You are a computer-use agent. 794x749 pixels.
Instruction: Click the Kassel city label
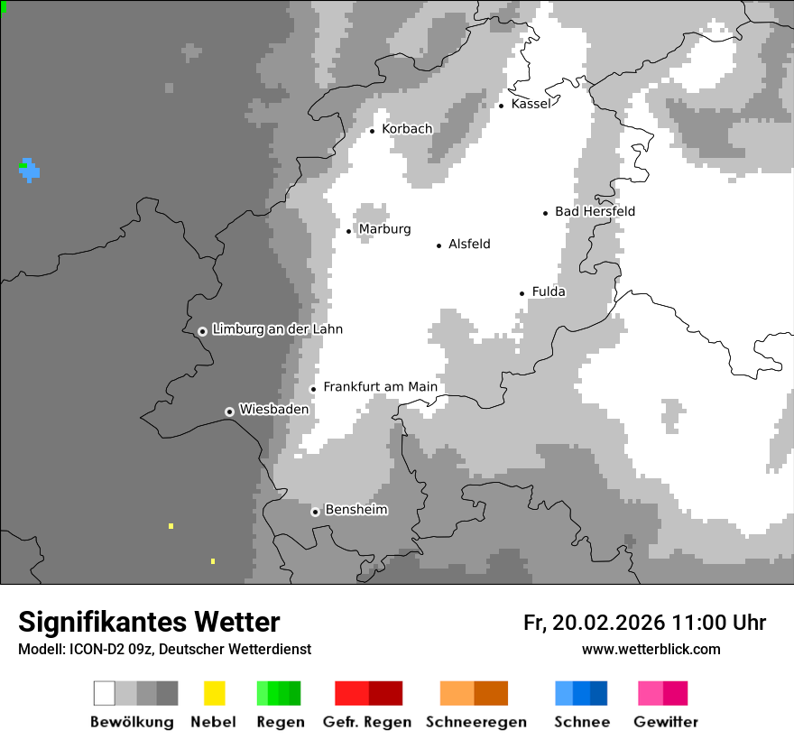pos(531,104)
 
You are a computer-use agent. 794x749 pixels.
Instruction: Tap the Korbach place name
pos(407,129)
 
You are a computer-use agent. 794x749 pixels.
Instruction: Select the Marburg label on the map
pos(384,229)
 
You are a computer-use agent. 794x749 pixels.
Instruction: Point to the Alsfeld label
pos(469,244)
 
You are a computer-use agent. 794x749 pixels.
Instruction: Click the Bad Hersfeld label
pos(595,211)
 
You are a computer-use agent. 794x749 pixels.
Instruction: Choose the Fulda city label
pos(549,291)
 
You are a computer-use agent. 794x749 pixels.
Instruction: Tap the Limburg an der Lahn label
pos(277,329)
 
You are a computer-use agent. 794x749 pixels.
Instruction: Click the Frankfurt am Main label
pos(380,387)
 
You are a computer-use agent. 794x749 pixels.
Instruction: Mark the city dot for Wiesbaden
pos(229,411)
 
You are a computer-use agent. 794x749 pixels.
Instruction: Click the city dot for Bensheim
pos(315,512)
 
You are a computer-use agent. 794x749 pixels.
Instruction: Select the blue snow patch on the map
pos(31,170)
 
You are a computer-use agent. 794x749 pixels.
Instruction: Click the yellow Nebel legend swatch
pos(214,693)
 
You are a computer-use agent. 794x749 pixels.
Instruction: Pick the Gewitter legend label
pos(666,722)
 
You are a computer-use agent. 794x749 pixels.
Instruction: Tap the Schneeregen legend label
pos(476,722)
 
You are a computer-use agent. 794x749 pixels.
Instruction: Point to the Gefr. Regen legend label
pos(367,722)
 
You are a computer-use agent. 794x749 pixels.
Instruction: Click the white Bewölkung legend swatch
pos(105,693)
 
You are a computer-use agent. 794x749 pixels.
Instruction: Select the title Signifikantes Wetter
pos(149,622)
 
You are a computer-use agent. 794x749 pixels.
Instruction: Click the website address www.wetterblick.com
pos(651,649)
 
